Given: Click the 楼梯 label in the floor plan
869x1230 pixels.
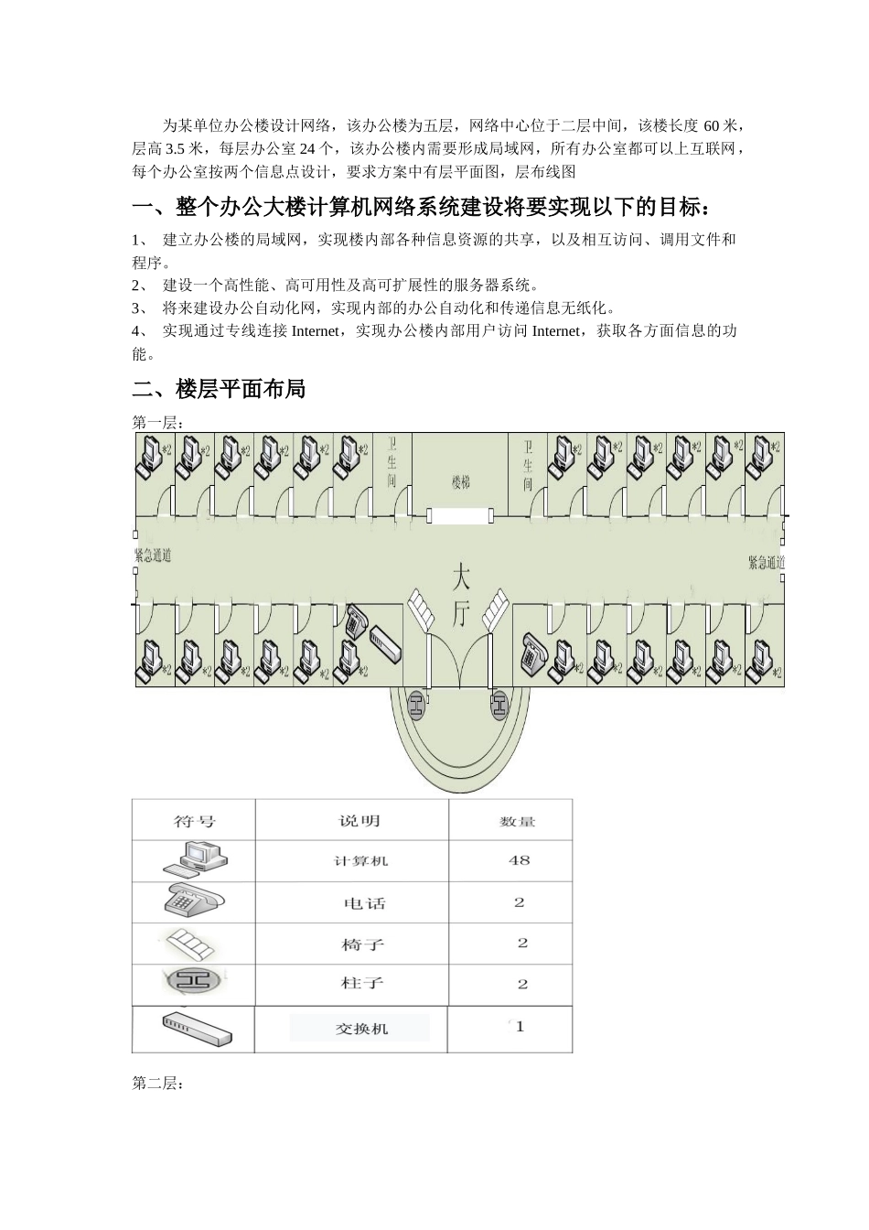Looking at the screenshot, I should point(460,481).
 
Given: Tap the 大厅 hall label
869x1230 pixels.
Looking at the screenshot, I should point(462,596).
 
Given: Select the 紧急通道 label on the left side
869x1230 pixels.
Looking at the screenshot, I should point(152,556).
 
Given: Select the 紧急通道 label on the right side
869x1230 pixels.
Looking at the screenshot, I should point(766,563).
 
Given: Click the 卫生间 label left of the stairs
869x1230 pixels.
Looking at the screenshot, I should point(392,462).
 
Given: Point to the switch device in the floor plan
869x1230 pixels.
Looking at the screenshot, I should point(385,644).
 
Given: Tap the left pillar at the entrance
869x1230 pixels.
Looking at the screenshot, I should point(417,704).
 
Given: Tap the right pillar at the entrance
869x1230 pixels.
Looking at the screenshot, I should point(499,704).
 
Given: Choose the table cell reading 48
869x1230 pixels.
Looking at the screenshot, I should point(519,860).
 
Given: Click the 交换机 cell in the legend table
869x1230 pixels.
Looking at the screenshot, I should point(361,1029).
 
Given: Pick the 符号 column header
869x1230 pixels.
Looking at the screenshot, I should point(195,821).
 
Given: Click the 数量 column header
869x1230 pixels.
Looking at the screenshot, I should point(517,822).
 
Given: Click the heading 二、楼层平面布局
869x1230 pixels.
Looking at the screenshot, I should point(219,389).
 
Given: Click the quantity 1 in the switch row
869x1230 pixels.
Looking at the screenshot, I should point(520,1027).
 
